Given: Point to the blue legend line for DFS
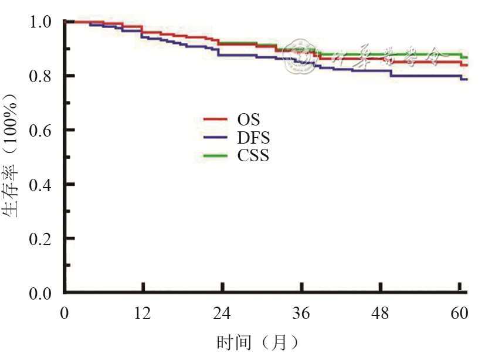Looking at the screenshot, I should click(x=215, y=137).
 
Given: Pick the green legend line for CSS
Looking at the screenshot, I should click(x=215, y=155).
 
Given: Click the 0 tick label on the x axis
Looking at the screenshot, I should click(x=65, y=314).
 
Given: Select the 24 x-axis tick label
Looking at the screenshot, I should click(x=222, y=314).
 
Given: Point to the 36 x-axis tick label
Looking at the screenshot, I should click(x=301, y=314).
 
